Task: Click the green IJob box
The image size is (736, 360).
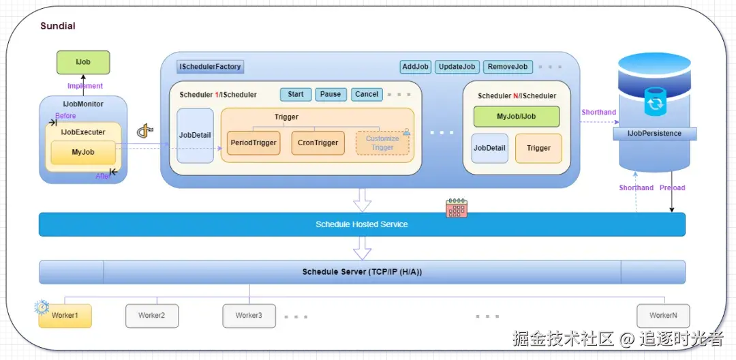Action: [82, 62]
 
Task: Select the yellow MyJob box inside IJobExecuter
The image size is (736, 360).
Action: [83, 152]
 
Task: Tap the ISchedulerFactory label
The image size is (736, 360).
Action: [210, 67]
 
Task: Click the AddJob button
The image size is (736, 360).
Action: [415, 67]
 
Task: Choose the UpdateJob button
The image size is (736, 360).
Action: [457, 67]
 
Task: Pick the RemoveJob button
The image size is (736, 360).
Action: [508, 67]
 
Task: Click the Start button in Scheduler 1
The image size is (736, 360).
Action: [296, 94]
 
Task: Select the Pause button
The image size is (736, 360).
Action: [331, 94]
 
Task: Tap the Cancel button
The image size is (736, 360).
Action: [367, 94]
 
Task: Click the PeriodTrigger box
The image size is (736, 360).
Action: [253, 143]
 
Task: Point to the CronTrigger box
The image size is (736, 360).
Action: [318, 143]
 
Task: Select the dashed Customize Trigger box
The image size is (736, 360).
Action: [382, 143]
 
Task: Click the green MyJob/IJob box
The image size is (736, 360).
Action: [516, 117]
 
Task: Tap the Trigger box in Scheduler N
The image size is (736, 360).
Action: [538, 148]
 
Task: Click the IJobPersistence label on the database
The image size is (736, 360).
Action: [654, 134]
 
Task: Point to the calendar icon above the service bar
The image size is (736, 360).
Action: [456, 208]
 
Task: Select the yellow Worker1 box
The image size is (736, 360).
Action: [65, 316]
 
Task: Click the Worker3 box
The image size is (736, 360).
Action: [249, 316]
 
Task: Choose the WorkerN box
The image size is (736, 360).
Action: [663, 316]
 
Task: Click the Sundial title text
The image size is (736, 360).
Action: [58, 26]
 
